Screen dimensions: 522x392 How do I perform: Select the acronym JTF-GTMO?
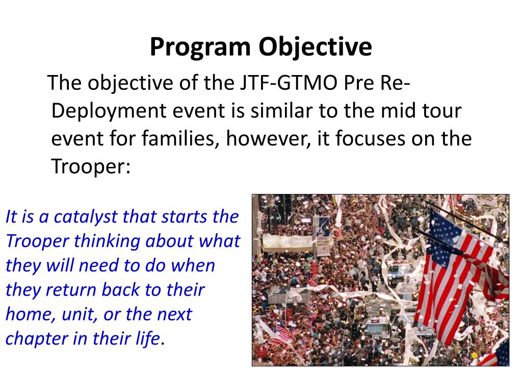(x=289, y=83)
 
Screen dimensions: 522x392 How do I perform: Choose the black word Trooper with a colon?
(x=91, y=166)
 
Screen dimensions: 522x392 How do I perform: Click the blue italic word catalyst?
(x=85, y=217)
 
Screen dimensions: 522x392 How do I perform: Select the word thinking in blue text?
(x=107, y=241)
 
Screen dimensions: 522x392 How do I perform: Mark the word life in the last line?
(x=148, y=338)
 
